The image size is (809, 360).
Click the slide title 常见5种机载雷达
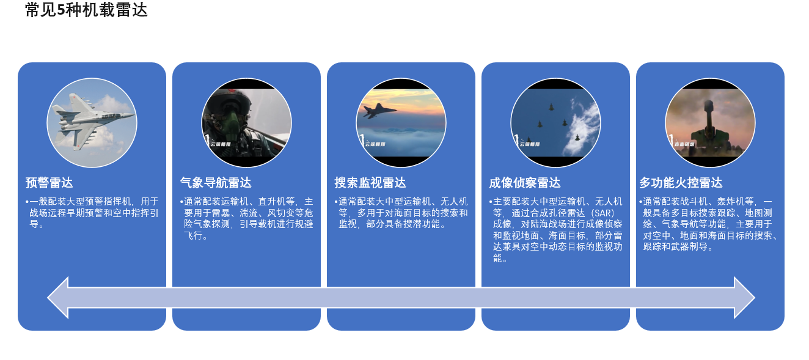[86, 10]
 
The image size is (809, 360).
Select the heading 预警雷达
[49, 183]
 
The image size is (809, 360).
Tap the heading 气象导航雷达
[216, 183]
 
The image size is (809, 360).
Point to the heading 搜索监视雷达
[370, 183]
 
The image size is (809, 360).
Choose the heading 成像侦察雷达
[525, 183]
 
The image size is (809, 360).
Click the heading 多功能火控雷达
[681, 183]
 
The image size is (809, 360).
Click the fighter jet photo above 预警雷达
[92, 123]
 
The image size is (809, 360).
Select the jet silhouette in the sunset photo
[379, 110]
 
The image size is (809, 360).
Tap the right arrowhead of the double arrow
[744, 298]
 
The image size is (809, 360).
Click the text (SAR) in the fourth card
[602, 213]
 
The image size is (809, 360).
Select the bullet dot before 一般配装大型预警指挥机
[27, 202]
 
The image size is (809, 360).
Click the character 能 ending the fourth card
[497, 258]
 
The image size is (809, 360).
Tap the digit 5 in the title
[61, 10]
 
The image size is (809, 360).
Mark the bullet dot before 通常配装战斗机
[641, 202]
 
